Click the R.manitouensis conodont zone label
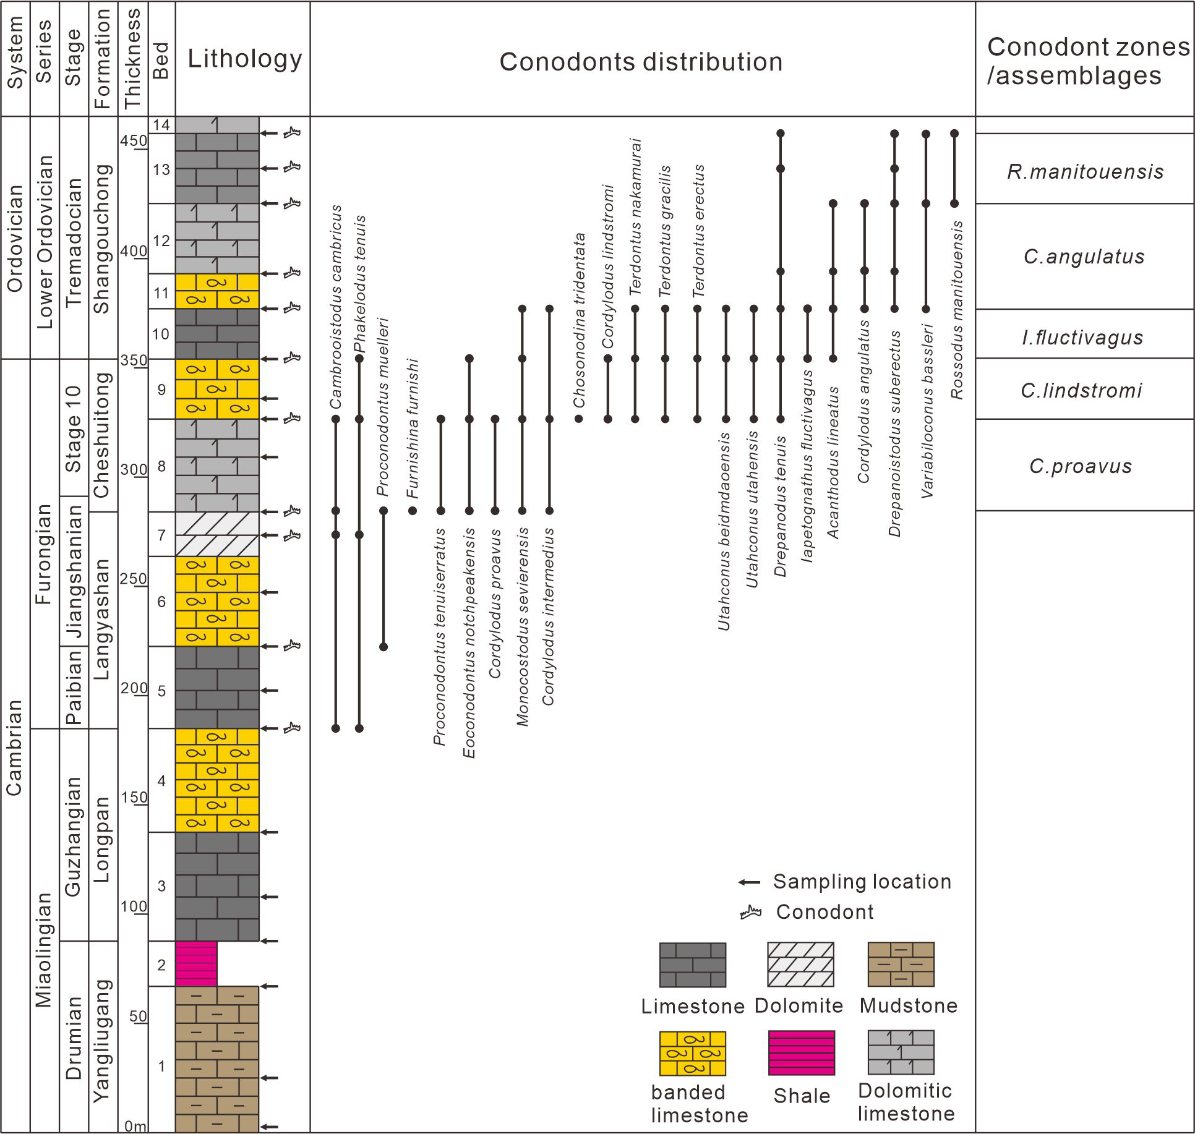[x=1085, y=171]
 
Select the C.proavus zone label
[x=1081, y=466]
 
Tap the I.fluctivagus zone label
[x=1082, y=338]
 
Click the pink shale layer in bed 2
[x=196, y=963]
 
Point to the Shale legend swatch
[x=801, y=1052]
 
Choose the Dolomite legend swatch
[x=800, y=965]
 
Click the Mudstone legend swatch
[x=901, y=965]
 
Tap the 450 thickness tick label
[x=134, y=141]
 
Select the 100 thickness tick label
[x=134, y=906]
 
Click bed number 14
[x=161, y=125]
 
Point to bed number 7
[x=161, y=535]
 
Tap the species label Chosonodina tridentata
[x=579, y=320]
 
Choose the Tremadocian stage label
[x=74, y=242]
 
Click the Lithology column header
[x=244, y=59]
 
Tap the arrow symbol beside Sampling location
[x=749, y=882]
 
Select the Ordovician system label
[x=14, y=238]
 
